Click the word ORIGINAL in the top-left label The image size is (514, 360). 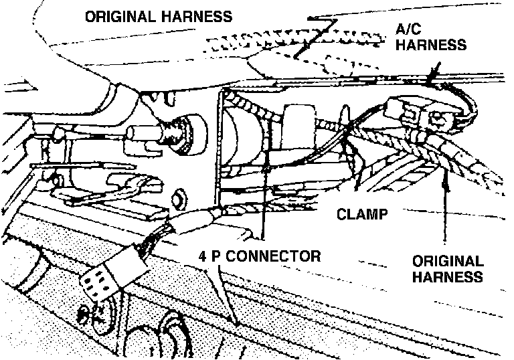120,17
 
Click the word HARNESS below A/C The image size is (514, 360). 428,46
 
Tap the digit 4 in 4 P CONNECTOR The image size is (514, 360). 202,256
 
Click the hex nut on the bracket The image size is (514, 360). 179,198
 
